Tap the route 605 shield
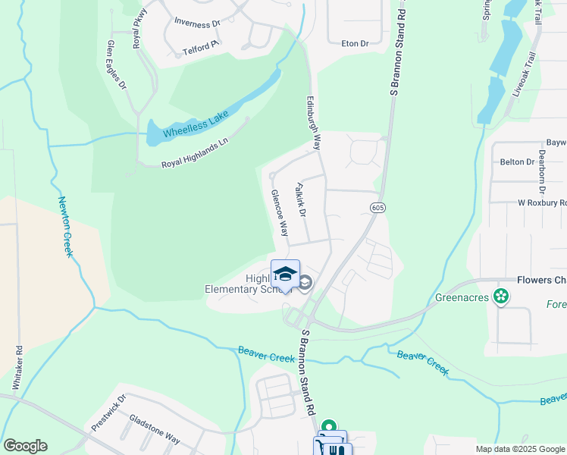377,207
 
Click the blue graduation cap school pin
285,275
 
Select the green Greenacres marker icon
500,296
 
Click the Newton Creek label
65,227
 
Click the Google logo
25,446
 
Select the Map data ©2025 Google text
520,449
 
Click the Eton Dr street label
355,44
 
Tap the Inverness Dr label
196,23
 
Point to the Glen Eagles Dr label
117,66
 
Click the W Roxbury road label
542,203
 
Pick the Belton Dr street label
512,162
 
